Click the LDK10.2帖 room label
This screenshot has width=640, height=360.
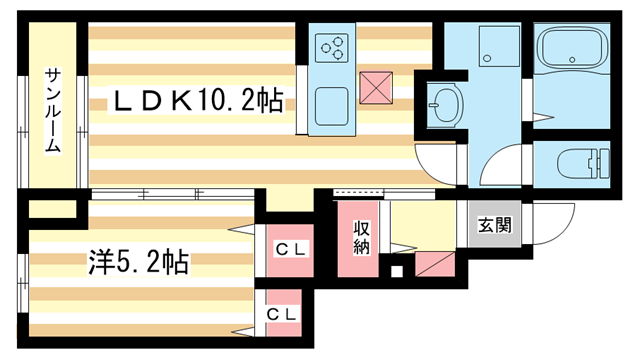coord(197,100)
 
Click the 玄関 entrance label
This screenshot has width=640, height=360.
coord(491,224)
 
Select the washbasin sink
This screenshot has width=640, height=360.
coord(442,103)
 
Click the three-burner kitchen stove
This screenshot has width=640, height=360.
coord(331,46)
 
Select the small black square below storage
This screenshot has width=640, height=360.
coord(397,271)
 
